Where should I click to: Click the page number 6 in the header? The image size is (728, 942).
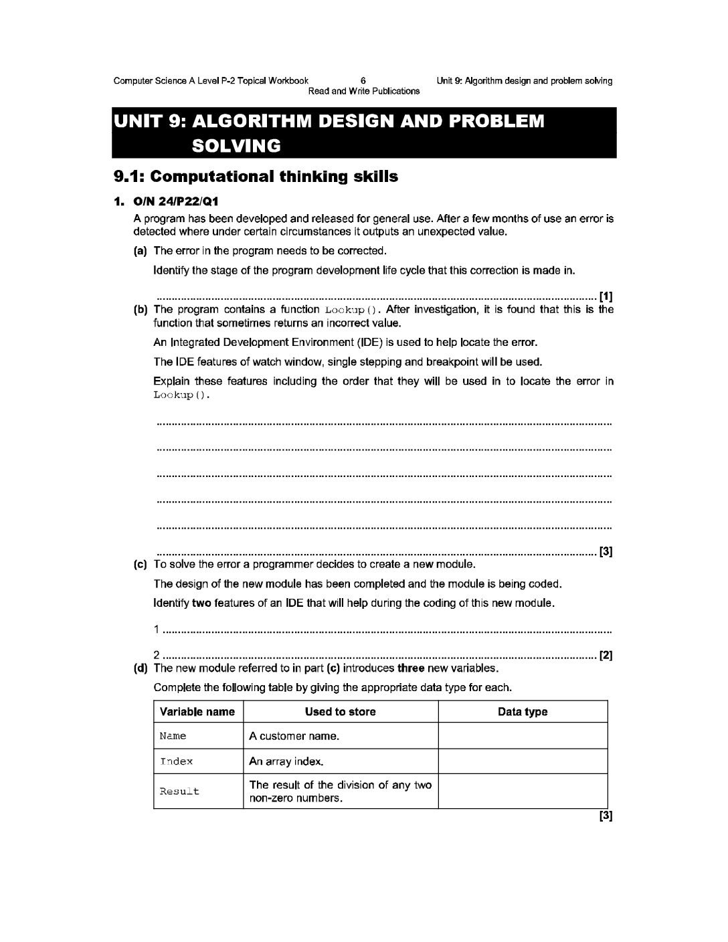click(363, 81)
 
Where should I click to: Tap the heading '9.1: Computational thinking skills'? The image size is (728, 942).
click(256, 177)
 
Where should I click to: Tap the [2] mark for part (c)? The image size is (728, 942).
click(606, 656)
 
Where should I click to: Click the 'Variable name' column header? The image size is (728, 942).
click(197, 712)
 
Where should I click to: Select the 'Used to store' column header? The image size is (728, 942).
click(340, 712)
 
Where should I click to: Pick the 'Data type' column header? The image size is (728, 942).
click(523, 712)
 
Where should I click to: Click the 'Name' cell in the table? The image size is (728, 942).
click(173, 737)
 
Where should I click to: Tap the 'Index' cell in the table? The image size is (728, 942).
click(177, 761)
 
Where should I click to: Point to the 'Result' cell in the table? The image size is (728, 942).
click(179, 791)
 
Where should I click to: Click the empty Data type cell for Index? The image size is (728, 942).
click(523, 761)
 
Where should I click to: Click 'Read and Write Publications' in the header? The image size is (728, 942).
click(363, 91)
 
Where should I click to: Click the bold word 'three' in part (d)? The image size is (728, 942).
click(409, 668)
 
